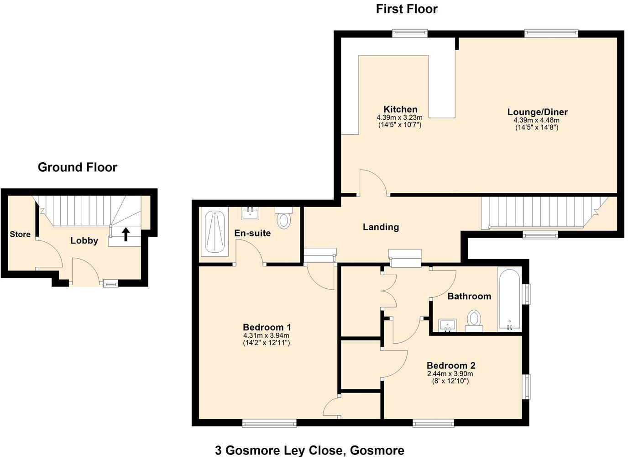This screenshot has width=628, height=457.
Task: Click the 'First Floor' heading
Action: pos(406,9)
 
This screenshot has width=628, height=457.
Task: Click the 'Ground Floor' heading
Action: pos(77,167)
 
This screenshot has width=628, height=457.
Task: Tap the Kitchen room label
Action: pos(400,109)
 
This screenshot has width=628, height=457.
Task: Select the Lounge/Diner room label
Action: pos(537,112)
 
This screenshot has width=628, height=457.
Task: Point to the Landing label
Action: pos(381,227)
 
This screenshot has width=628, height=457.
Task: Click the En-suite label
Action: pos(252,233)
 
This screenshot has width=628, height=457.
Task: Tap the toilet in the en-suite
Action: pos(284,219)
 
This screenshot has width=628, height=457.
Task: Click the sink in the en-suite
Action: pos(250,213)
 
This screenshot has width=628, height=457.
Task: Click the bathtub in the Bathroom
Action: pos(509,299)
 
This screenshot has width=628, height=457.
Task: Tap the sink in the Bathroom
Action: pos(447,325)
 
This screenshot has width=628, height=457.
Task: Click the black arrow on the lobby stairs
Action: pos(126,234)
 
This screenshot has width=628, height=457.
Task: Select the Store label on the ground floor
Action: pos(20,234)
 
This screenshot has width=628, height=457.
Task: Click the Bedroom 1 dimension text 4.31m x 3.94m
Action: pos(267,335)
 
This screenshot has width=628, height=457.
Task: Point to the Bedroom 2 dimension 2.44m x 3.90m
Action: pos(450,374)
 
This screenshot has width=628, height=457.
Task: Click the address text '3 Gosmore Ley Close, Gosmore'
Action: pos(309,451)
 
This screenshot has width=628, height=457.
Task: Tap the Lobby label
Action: pos(84,241)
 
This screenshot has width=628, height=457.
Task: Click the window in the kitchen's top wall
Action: pos(409,32)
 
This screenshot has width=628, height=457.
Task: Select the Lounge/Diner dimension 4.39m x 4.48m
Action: pos(536,120)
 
